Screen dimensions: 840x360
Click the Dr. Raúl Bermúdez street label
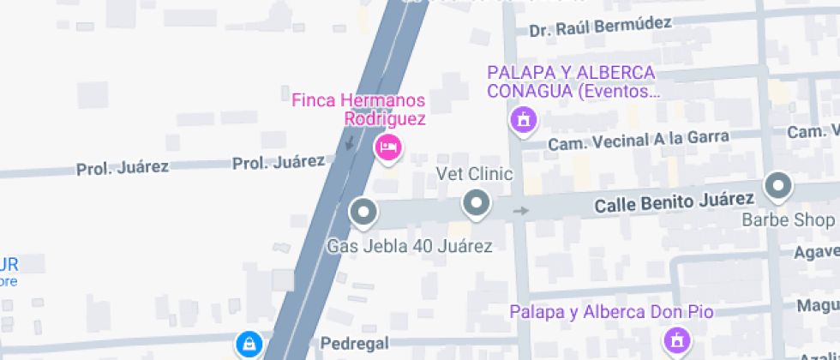point(599,27)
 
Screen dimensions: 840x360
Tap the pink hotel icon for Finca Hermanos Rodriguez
point(388,148)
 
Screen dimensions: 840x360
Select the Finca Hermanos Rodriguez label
point(358,110)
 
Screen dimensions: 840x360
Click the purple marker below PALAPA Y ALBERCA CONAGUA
point(523,119)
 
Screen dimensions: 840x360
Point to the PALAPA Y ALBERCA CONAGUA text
point(571,81)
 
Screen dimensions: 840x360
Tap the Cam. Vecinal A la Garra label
point(639,140)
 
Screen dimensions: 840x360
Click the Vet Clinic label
point(474,175)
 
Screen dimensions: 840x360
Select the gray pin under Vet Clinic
point(475,205)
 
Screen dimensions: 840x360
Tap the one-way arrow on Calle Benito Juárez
point(521,210)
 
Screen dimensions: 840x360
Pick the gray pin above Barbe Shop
point(778,185)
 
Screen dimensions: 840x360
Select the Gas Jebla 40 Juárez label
point(410,247)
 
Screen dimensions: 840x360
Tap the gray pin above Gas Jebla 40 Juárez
point(363,211)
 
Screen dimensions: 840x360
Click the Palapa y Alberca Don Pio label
point(612,311)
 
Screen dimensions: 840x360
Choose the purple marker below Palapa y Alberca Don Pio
point(676,340)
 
